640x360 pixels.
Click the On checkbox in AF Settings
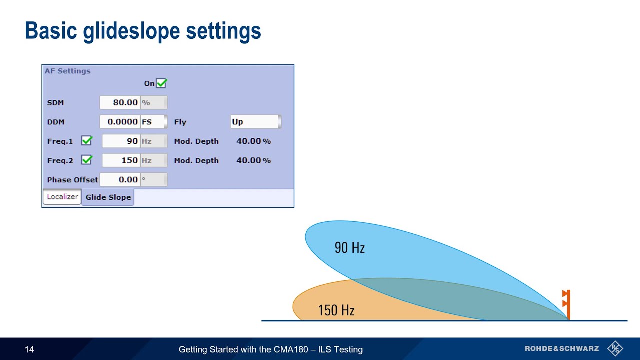(x=161, y=83)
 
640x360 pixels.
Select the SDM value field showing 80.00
(x=120, y=102)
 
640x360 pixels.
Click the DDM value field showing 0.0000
(x=120, y=122)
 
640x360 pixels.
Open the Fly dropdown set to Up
(x=255, y=122)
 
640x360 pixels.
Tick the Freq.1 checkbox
(x=87, y=141)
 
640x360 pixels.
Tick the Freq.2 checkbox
(x=87, y=160)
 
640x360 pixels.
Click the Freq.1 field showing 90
(x=121, y=141)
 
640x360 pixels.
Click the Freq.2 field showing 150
(x=121, y=160)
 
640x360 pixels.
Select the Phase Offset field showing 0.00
(x=120, y=180)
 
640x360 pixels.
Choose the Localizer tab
(x=62, y=197)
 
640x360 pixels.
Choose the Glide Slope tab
(x=108, y=197)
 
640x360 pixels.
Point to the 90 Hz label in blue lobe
(x=349, y=247)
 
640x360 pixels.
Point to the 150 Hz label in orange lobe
(x=336, y=310)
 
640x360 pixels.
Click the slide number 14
(x=29, y=349)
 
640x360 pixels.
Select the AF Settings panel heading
(x=67, y=71)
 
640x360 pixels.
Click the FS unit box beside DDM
(x=153, y=122)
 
